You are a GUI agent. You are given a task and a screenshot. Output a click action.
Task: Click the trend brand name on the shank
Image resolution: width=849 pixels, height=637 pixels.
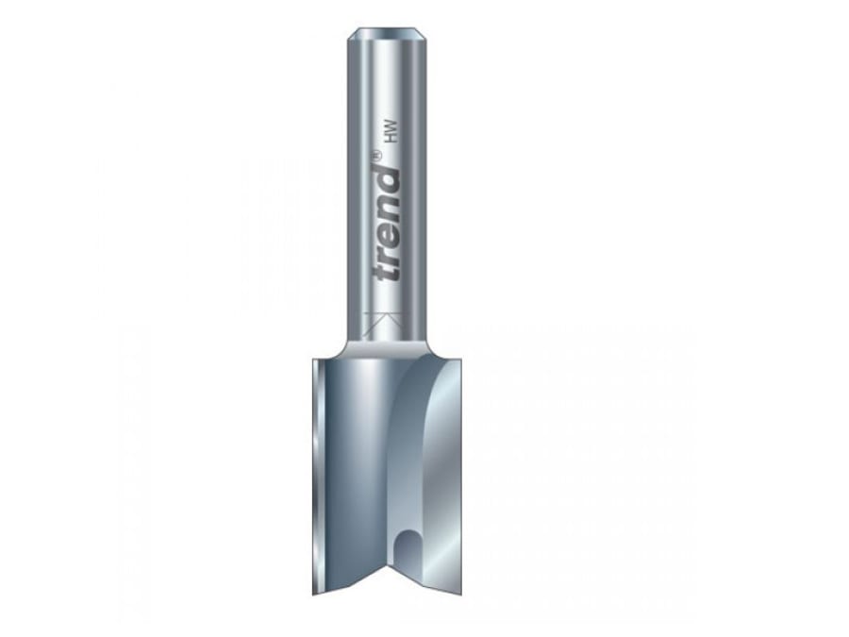(388, 224)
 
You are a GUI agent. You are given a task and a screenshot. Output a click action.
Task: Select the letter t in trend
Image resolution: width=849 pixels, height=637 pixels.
(387, 275)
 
